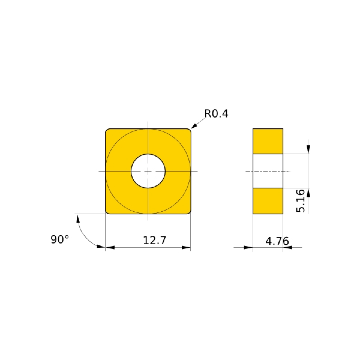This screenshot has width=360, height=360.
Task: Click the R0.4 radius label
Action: click(x=216, y=114)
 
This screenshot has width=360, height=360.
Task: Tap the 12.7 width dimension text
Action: click(x=154, y=240)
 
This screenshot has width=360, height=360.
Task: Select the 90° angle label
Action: click(x=60, y=239)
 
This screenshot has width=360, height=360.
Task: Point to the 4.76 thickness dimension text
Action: click(x=277, y=241)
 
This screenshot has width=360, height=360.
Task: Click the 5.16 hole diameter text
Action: click(x=300, y=201)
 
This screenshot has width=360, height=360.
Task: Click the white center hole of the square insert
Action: click(x=148, y=171)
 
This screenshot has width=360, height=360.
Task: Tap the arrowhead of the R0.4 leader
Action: click(x=193, y=126)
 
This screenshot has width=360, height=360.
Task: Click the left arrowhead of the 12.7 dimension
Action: click(x=110, y=247)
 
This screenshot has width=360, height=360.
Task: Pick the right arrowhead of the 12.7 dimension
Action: click(x=186, y=247)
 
